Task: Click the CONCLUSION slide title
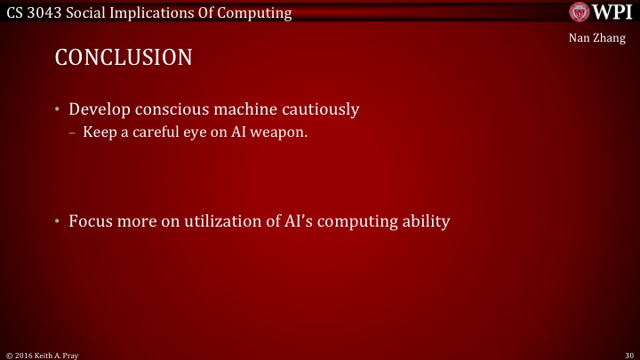click(x=124, y=59)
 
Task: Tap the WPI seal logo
click(x=578, y=12)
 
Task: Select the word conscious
click(x=171, y=110)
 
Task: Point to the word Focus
click(x=92, y=220)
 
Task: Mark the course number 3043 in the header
click(x=45, y=12)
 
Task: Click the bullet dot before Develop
click(x=57, y=110)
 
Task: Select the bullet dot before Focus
click(x=57, y=220)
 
